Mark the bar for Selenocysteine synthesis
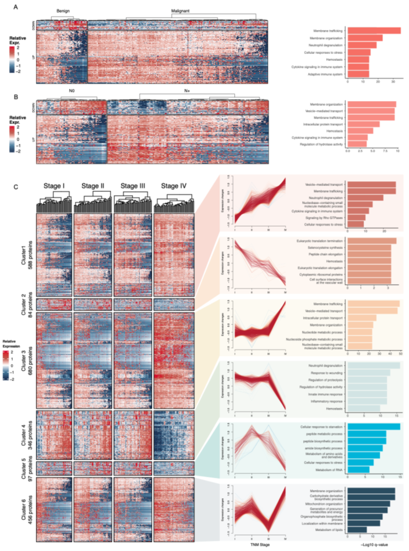(x=368, y=247)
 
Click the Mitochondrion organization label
(x=323, y=503)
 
